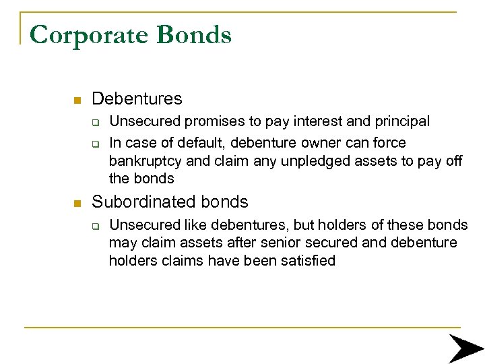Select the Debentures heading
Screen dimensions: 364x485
click(x=137, y=99)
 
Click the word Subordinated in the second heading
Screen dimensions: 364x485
click(x=140, y=202)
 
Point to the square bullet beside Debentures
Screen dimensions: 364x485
click(x=77, y=100)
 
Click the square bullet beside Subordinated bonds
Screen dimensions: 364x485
click(x=77, y=203)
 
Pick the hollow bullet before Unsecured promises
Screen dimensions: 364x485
click(x=96, y=122)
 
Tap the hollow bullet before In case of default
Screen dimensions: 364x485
click(x=96, y=143)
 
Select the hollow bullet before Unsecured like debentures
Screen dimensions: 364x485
click(x=96, y=225)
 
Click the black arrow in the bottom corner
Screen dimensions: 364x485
click(x=465, y=349)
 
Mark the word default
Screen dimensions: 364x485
click(x=195, y=143)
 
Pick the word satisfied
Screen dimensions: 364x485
click(x=308, y=261)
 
